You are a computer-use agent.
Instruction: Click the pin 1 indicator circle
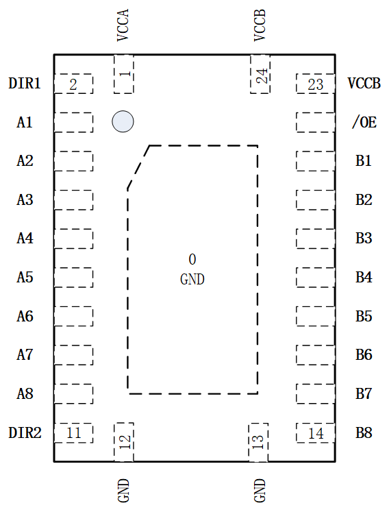point(123,121)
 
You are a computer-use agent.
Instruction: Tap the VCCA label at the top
point(123,25)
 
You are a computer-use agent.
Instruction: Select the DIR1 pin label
point(25,83)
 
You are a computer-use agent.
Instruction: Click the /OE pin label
point(364,122)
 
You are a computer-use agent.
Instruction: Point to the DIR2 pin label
point(25,432)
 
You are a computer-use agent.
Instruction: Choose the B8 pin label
point(364,432)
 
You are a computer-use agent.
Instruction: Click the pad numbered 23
point(316,84)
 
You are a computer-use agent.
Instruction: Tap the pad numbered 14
point(316,433)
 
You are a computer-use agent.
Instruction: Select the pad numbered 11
point(73,433)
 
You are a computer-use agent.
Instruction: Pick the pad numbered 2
point(73,84)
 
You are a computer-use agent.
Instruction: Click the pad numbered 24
point(260,74)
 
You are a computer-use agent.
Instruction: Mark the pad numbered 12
point(124,442)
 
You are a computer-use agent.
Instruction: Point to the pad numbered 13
point(258,442)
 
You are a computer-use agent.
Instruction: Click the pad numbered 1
point(124,74)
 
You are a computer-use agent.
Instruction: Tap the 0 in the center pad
point(192,259)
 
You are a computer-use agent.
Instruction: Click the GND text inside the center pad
point(192,279)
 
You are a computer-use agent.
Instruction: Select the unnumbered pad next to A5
point(73,278)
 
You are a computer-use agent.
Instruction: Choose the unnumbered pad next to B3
point(316,239)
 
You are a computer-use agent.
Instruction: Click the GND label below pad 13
point(260,490)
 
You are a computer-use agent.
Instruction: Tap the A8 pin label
point(25,394)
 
